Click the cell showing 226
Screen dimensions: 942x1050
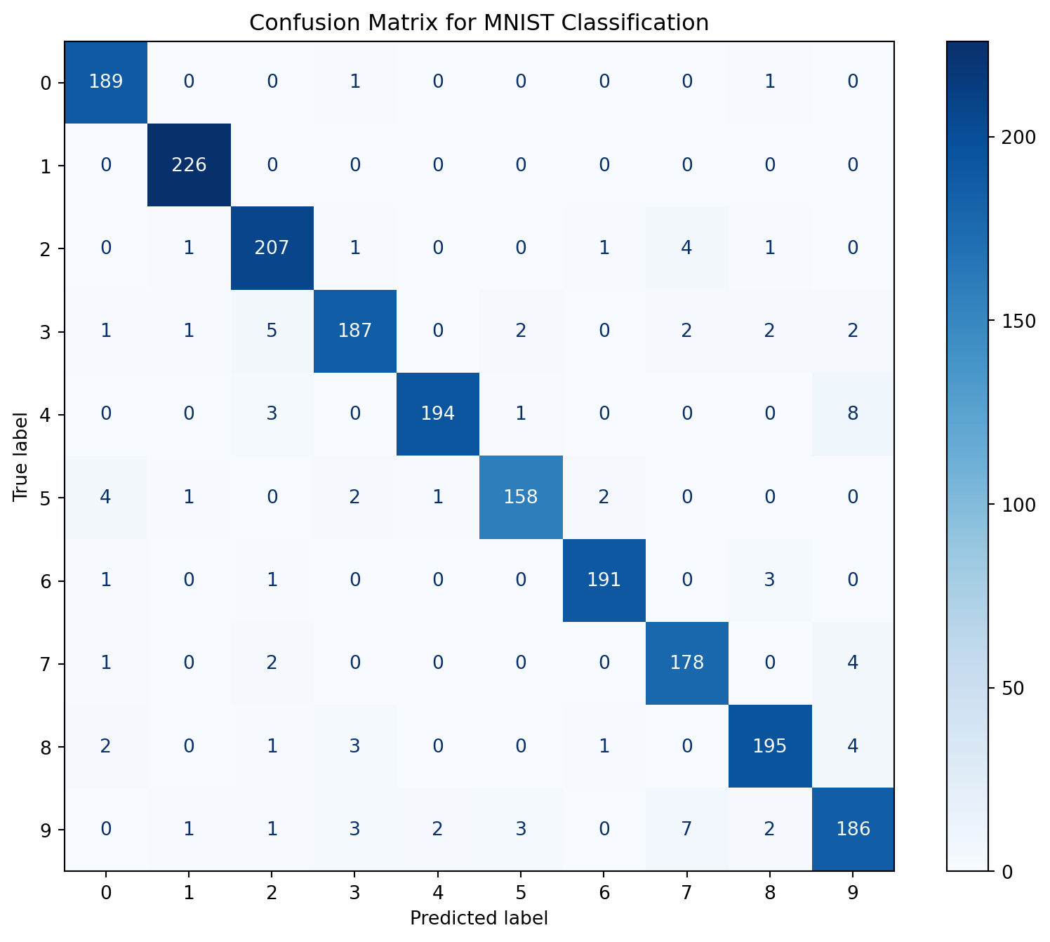[189, 166]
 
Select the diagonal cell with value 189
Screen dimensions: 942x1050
[106, 82]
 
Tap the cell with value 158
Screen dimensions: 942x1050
[521, 498]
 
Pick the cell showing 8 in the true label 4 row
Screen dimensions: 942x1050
[853, 414]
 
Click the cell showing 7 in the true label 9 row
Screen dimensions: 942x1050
[686, 829]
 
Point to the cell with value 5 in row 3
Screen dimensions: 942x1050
[272, 331]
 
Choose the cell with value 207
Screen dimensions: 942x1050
[272, 248]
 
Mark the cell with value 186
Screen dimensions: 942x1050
[853, 829]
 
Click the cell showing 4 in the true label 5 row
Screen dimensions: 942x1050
[106, 498]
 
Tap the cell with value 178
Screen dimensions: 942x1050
[686, 663]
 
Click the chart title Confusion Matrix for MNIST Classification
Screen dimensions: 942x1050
[479, 23]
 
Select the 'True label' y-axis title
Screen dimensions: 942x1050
[20, 456]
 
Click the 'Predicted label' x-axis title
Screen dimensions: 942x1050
[479, 917]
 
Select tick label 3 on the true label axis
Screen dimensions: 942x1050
[46, 331]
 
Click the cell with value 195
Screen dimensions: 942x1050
[770, 746]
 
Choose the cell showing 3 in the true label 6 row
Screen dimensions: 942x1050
[770, 581]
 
